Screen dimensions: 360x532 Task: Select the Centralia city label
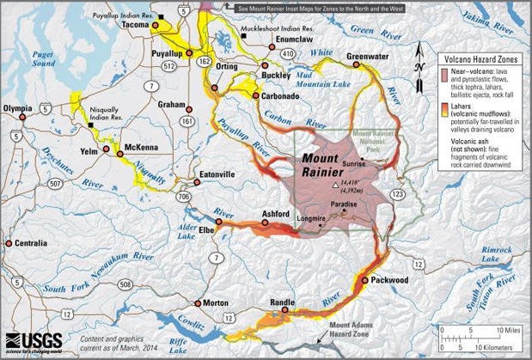(x=27, y=244)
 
